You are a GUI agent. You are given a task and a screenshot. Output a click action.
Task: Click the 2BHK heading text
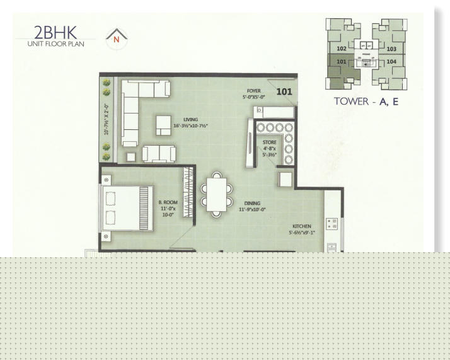(x=55, y=32)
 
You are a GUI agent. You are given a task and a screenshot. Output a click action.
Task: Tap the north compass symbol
(x=116, y=38)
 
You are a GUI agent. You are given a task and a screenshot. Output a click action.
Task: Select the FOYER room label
(x=253, y=91)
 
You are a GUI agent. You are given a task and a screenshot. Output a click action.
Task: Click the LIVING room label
(x=190, y=119)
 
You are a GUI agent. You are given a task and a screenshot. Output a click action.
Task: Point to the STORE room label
(x=270, y=142)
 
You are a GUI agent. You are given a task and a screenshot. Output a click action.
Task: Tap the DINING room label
(x=252, y=204)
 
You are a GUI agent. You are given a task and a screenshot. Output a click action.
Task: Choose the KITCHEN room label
(x=302, y=226)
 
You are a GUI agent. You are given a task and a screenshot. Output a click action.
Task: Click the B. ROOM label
(x=168, y=202)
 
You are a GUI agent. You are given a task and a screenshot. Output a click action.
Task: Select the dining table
(x=216, y=194)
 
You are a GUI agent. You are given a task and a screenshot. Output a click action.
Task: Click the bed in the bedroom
(x=127, y=208)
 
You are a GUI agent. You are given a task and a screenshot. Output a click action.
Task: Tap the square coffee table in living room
(x=164, y=125)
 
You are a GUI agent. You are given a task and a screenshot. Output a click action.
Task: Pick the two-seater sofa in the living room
(x=159, y=154)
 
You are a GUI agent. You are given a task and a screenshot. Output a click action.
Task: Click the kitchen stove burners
(x=332, y=224)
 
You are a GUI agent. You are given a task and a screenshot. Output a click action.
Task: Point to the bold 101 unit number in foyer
(x=284, y=91)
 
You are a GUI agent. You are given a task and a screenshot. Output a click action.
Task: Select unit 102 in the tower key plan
(x=341, y=49)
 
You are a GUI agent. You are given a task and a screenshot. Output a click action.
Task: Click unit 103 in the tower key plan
(x=391, y=49)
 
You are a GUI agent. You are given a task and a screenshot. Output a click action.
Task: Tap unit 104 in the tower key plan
(x=391, y=61)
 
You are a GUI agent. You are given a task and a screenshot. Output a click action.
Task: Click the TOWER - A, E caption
(x=366, y=102)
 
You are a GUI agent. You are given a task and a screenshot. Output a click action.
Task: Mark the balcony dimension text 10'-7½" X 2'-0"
(x=107, y=119)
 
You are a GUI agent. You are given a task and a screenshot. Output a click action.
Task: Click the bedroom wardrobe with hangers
(x=188, y=192)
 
